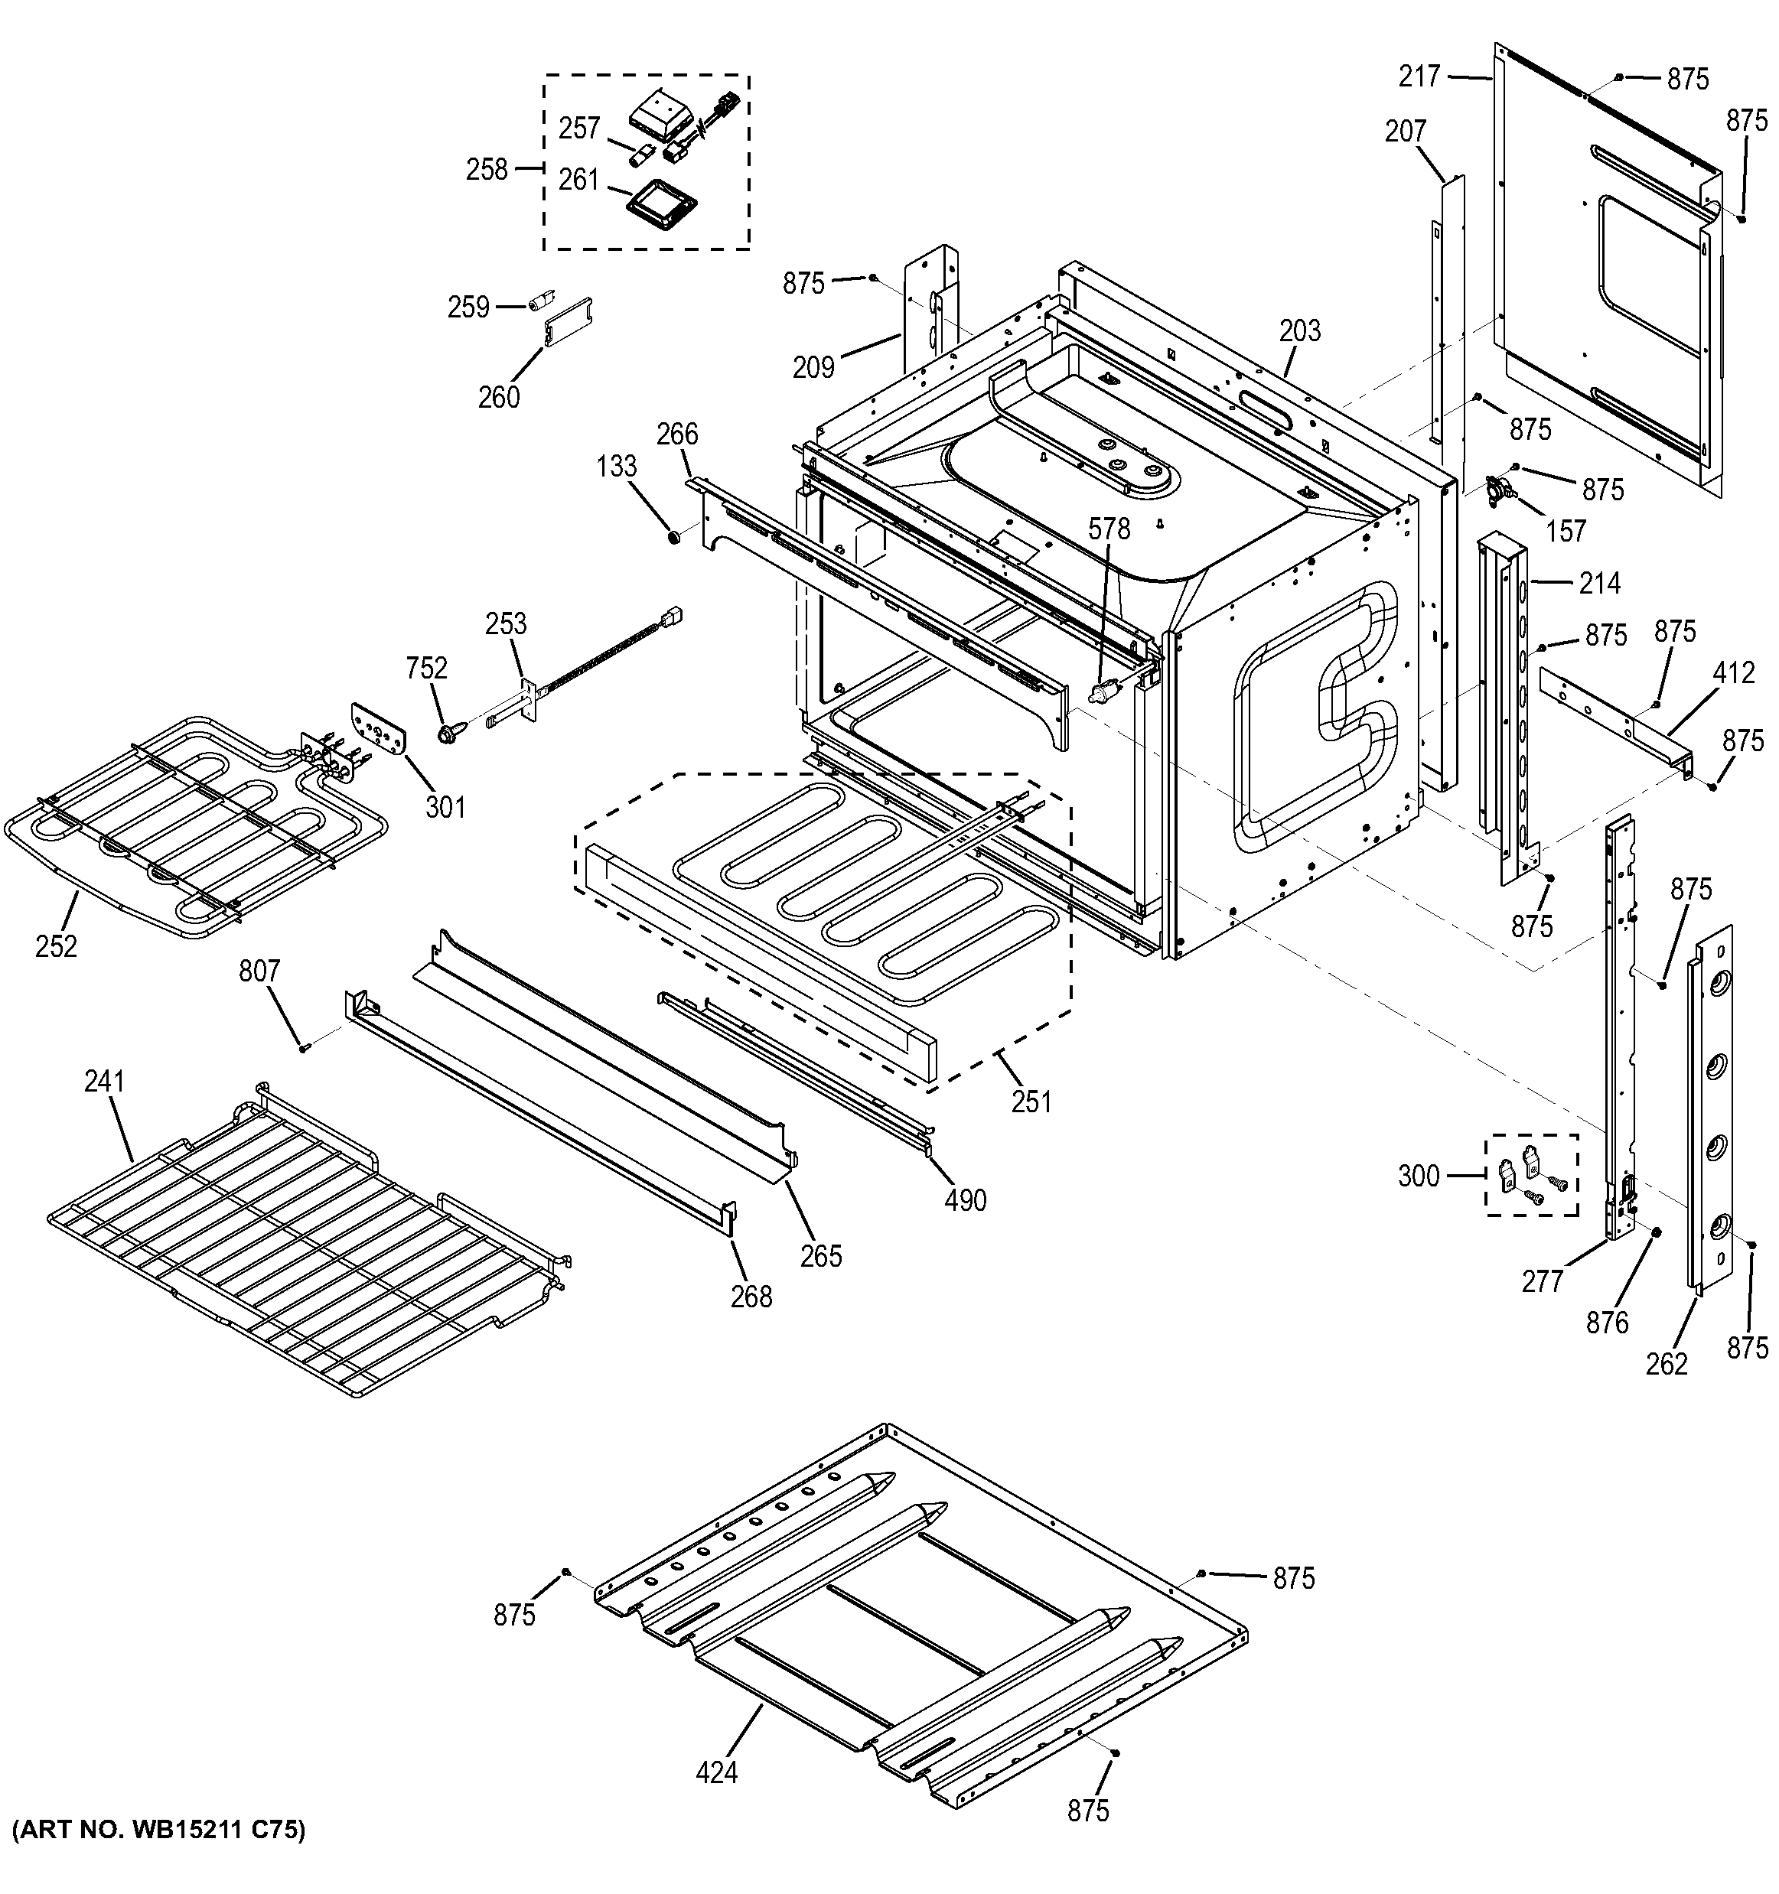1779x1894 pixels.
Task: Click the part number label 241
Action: point(105,1082)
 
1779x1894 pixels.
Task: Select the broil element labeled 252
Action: point(191,829)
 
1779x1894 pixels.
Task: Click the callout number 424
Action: point(716,1772)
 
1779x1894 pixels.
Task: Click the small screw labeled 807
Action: point(304,1047)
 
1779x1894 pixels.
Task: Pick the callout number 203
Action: point(1300,330)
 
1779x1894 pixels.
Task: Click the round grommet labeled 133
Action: point(675,539)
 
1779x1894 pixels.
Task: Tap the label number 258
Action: point(487,170)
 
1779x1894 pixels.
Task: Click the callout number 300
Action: point(1419,1176)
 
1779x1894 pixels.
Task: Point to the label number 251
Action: point(1031,1102)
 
